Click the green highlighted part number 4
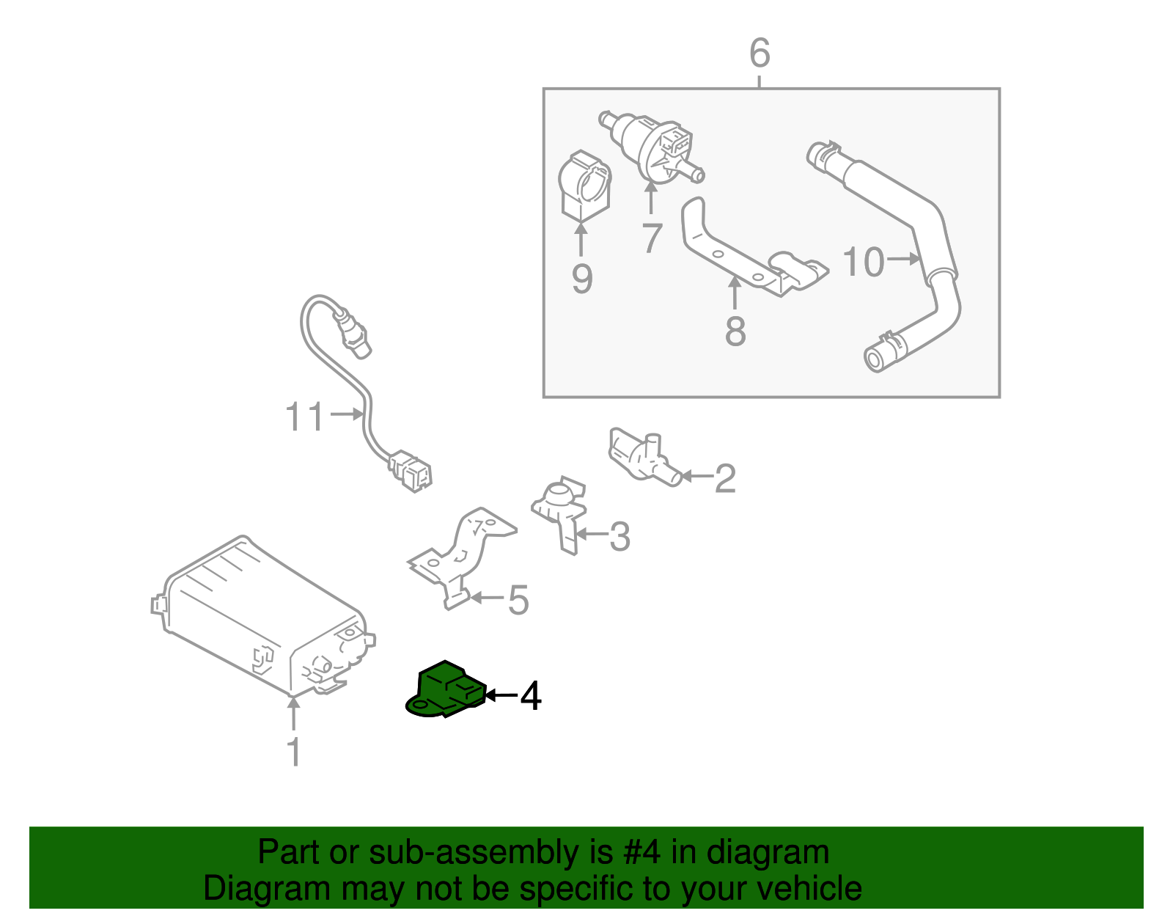click(444, 689)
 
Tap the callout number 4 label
click(530, 696)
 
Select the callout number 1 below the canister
click(293, 752)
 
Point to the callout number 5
click(518, 600)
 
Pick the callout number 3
click(619, 537)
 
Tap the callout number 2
click(724, 478)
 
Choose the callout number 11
click(304, 417)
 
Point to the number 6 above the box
click(760, 54)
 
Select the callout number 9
click(581, 279)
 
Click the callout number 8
click(735, 331)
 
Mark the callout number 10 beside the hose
click(863, 262)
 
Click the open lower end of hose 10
click(873, 359)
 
